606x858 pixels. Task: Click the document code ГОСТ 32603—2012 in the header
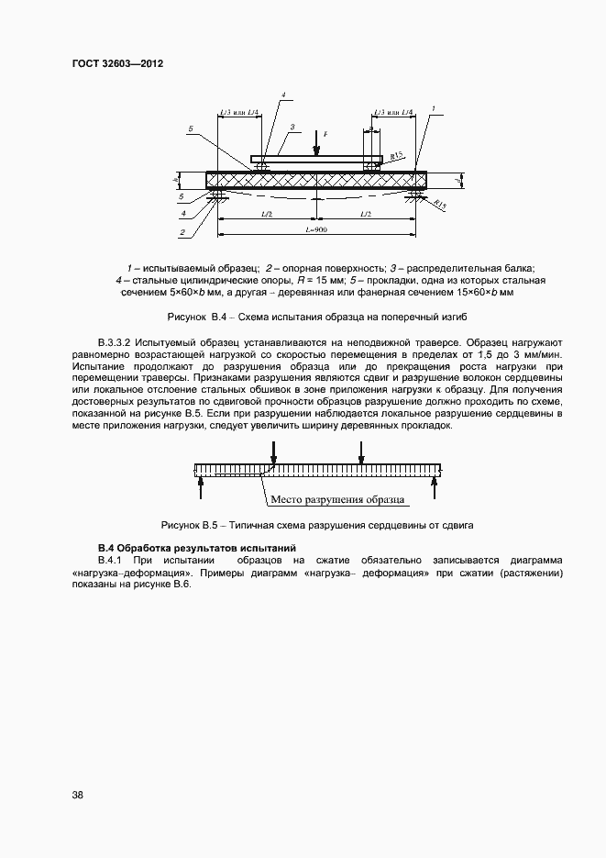[x=117, y=64]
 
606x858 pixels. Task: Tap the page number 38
[x=77, y=795]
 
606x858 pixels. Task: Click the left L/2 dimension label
[x=266, y=214]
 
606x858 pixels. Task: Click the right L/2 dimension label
[x=365, y=214]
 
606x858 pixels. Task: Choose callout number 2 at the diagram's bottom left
[x=182, y=233]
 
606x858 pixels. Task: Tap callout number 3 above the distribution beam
[x=291, y=127]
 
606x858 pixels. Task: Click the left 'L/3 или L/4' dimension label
[x=239, y=113]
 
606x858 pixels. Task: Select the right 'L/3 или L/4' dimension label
[x=393, y=113]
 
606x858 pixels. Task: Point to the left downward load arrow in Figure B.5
[x=272, y=451]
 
